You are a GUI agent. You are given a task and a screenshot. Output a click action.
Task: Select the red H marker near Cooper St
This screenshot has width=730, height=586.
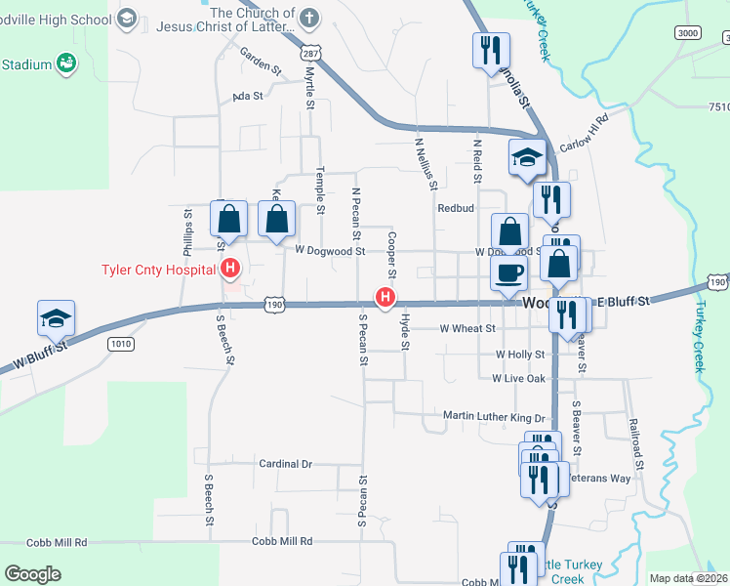point(386,298)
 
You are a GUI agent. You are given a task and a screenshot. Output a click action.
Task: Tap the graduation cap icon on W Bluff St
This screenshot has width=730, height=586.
point(57,317)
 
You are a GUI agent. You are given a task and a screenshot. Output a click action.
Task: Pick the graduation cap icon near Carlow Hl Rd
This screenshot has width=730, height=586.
point(527,156)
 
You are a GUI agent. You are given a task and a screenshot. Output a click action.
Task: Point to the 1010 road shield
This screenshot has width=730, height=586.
point(122,344)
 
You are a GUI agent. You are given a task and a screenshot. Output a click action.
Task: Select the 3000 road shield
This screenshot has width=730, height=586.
point(688,33)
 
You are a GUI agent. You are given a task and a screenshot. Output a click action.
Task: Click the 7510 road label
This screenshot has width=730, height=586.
point(718,105)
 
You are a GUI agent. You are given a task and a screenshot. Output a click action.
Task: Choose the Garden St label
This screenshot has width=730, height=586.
point(261,63)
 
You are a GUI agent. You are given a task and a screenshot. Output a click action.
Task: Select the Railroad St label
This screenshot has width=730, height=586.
point(638,444)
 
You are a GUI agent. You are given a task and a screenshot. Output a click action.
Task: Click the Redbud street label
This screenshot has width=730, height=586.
point(455,208)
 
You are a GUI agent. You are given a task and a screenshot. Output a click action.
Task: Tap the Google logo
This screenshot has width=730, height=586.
point(32,574)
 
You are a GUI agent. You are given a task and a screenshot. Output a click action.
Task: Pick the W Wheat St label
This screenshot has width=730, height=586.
point(467,329)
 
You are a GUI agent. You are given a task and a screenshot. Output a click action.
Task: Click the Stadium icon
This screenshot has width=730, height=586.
point(66,64)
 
